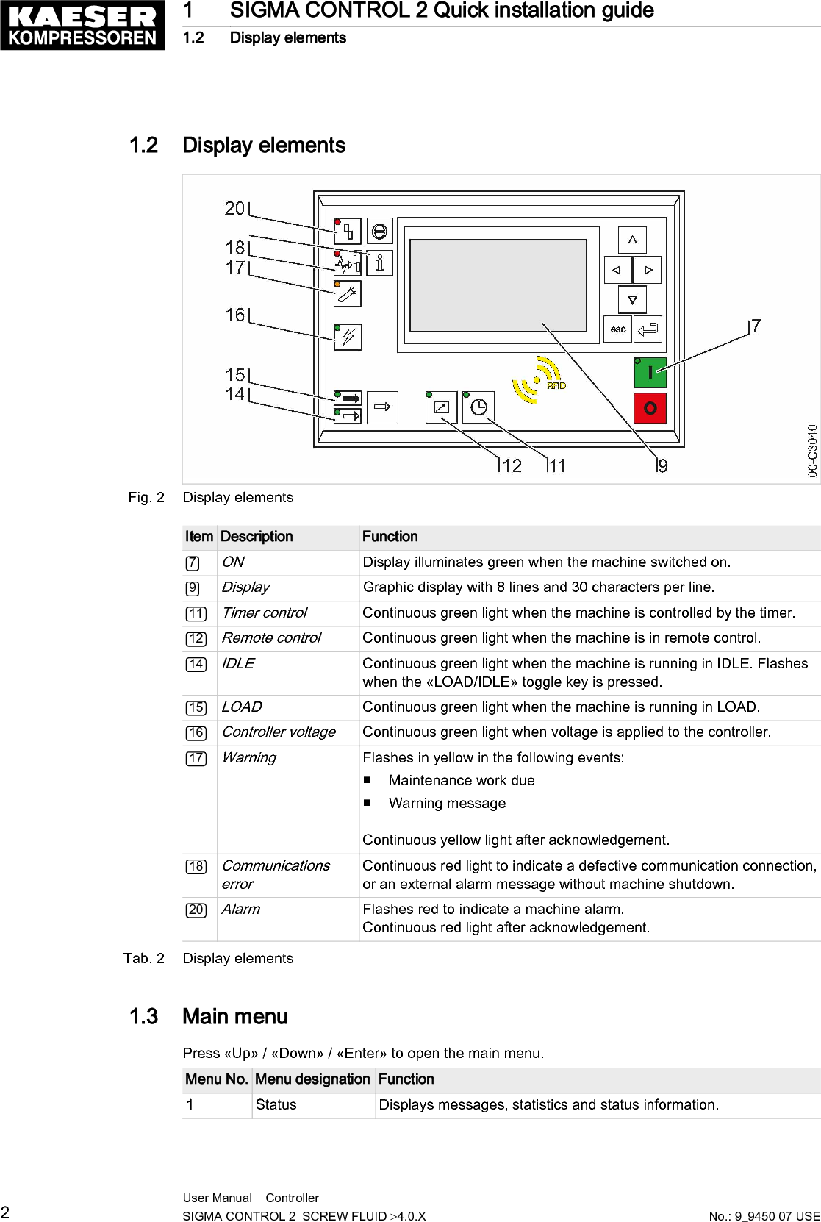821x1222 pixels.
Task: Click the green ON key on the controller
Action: point(650,373)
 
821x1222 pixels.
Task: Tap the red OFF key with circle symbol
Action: point(650,408)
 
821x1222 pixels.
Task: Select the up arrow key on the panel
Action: point(632,240)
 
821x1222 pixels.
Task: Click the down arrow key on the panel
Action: point(632,300)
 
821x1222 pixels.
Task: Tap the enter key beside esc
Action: point(648,329)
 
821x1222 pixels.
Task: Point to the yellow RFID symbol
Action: point(539,380)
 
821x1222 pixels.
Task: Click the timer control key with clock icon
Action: point(478,407)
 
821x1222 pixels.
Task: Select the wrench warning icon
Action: point(348,294)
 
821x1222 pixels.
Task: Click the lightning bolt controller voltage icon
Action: point(348,337)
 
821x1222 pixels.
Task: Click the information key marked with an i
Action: point(379,262)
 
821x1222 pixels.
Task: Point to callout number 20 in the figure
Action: point(235,209)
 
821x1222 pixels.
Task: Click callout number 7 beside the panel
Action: point(756,326)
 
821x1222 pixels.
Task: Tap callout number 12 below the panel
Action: point(512,465)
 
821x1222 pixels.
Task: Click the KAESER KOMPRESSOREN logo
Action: point(82,26)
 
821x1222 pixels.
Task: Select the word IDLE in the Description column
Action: point(237,663)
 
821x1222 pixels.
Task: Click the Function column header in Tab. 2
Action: point(390,537)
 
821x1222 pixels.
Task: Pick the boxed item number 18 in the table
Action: point(196,866)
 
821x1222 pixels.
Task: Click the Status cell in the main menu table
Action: point(276,1104)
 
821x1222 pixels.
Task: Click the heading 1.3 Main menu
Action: point(209,1016)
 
